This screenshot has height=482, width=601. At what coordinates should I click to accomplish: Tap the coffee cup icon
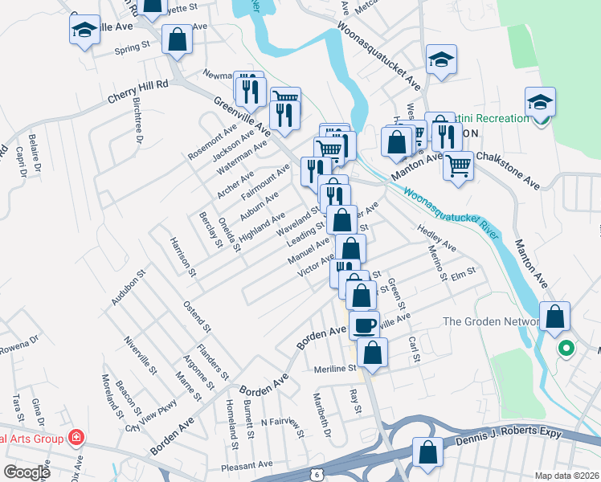click(x=364, y=325)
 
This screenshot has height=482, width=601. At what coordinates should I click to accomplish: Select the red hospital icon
click(x=76, y=438)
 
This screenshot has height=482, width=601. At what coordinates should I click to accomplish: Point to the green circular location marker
click(x=566, y=349)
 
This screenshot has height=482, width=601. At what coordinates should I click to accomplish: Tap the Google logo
click(x=27, y=472)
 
